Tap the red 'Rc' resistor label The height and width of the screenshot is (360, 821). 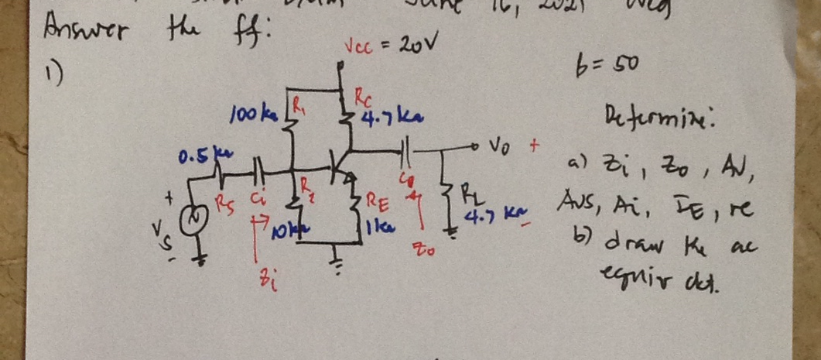363,98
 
